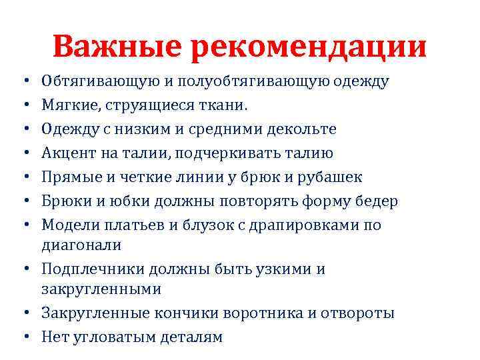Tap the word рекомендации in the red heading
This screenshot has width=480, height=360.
309,47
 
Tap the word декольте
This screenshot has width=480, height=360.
300,129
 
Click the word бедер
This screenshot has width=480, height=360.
379,201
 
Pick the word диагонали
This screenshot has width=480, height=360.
81,245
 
